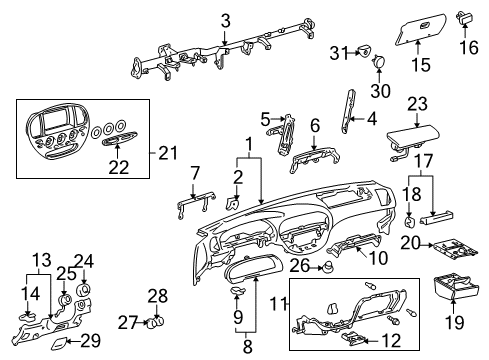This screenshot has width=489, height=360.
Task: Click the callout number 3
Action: pyautogui.click(x=226, y=20)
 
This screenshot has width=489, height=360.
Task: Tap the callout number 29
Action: pyautogui.click(x=90, y=341)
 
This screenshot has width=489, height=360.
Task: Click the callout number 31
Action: pyautogui.click(x=339, y=52)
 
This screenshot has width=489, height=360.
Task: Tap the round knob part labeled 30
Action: pyautogui.click(x=380, y=62)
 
